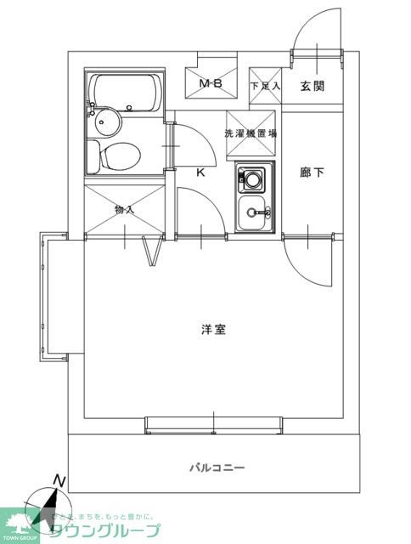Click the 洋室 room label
pos(213,330)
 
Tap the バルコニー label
pos(217,467)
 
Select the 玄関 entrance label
pos(311,85)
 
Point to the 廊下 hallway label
pos(312,173)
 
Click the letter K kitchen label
pos(201,173)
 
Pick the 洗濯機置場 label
pos(251,133)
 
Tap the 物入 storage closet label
pos(124,209)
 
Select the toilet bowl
pos(117,156)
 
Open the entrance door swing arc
pos(316,38)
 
